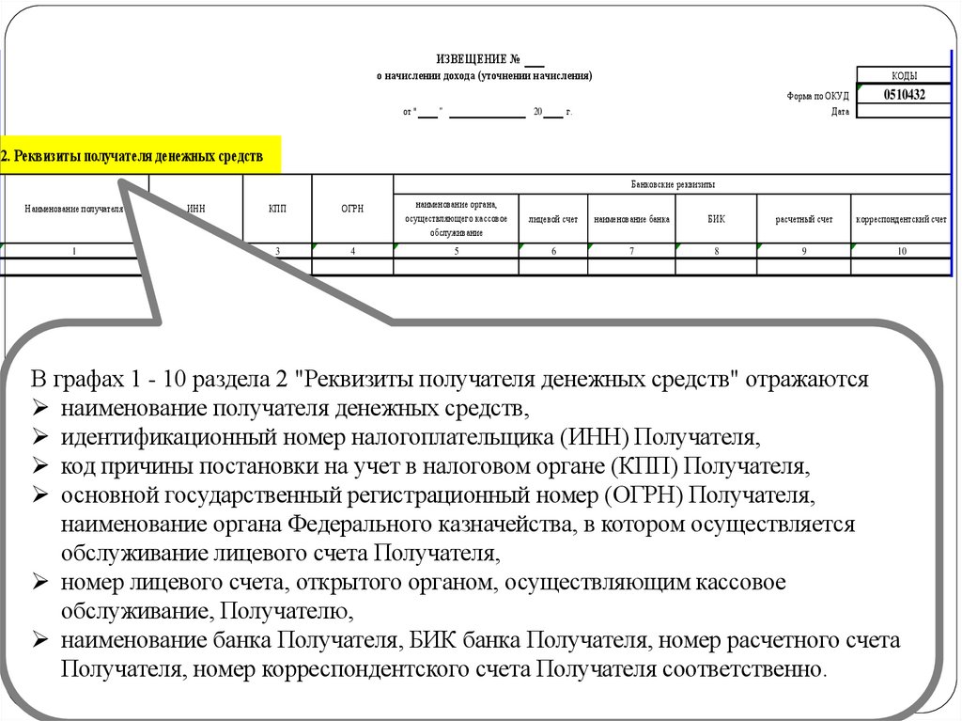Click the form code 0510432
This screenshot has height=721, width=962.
[x=904, y=95]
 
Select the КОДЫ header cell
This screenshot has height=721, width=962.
[x=904, y=76]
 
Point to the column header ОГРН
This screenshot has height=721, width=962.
[x=352, y=209]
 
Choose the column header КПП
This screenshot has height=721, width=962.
[x=277, y=209]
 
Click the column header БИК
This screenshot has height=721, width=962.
[x=716, y=218]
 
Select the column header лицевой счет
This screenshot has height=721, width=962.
[x=553, y=219]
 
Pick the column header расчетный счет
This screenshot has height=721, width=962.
[x=803, y=219]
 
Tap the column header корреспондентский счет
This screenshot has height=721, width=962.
[x=901, y=219]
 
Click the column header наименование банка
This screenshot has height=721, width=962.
[x=631, y=219]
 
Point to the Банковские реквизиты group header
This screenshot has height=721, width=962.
[x=673, y=184]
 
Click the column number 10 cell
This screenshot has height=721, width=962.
[x=901, y=251]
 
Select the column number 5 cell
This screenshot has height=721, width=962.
[x=456, y=251]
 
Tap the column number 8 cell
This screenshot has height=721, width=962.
[x=716, y=251]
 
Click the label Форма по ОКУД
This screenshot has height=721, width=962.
[x=817, y=96]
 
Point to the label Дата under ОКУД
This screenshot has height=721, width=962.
[x=840, y=111]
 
